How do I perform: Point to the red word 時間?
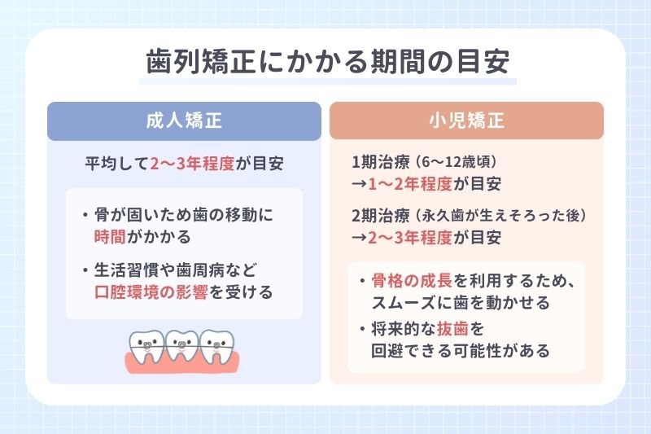112,237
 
